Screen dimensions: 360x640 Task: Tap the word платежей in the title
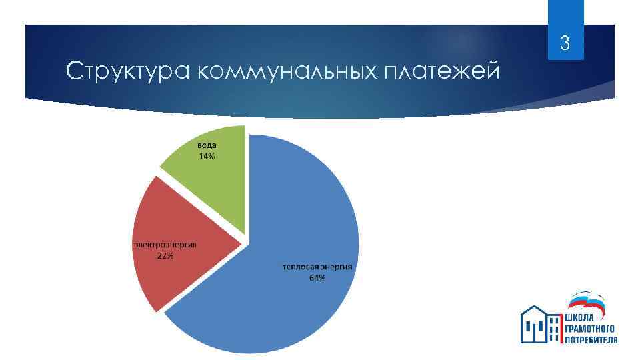tap(441, 71)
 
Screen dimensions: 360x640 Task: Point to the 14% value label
tap(207, 157)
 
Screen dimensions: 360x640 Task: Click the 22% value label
tap(165, 257)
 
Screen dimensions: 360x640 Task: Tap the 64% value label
tap(317, 278)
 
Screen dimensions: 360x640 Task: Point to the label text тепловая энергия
tap(317, 267)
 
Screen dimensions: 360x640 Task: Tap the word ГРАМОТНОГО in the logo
tap(589, 329)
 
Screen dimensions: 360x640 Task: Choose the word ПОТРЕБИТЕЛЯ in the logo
tap(591, 339)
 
